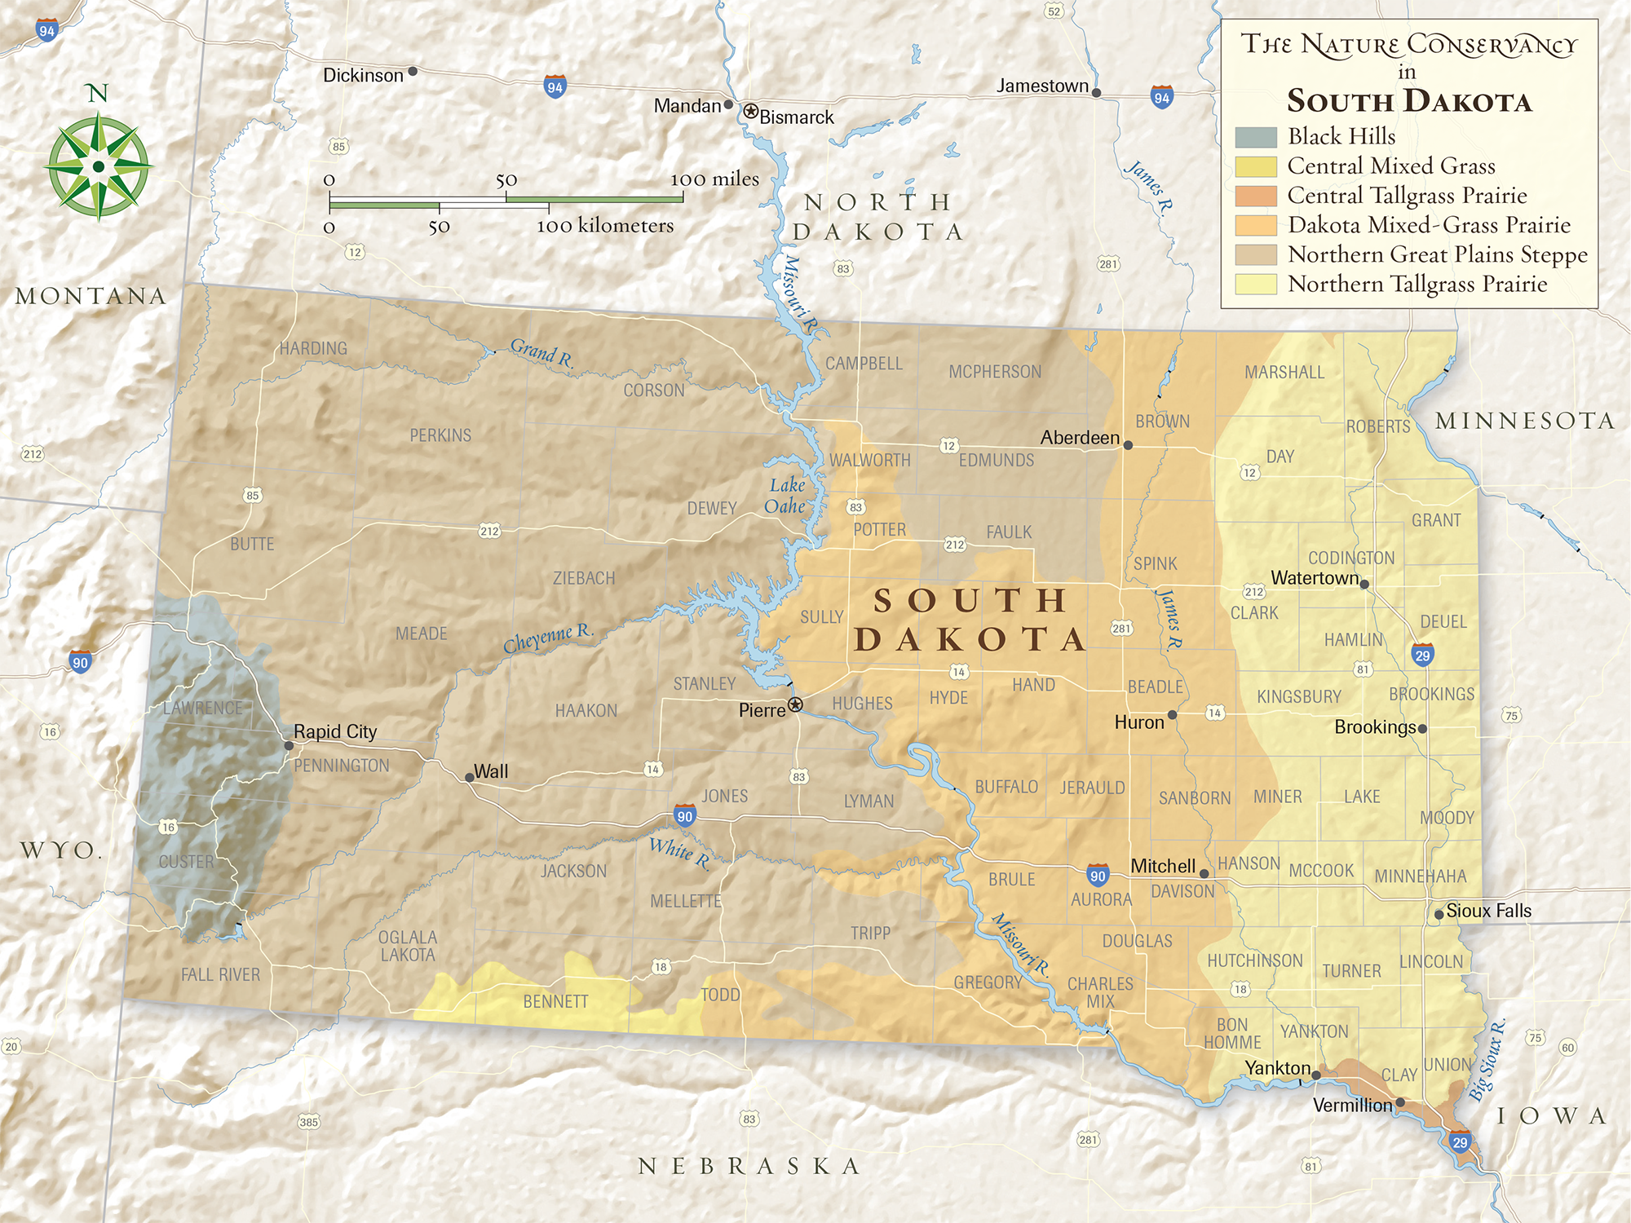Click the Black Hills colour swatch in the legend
click(1256, 137)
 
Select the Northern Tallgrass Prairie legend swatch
click(1256, 284)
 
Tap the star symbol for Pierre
click(795, 704)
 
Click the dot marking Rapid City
click(289, 745)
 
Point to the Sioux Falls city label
click(1489, 911)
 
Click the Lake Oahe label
click(786, 496)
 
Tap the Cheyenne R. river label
click(547, 638)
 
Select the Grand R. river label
click(541, 353)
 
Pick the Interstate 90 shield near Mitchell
click(1098, 876)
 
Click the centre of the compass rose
click(99, 167)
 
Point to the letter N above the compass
click(98, 93)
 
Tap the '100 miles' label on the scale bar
click(714, 179)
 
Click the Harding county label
click(313, 348)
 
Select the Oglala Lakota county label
click(408, 946)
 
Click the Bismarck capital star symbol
click(750, 111)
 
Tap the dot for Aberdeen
click(1128, 445)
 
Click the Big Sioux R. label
click(1487, 1060)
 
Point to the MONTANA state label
click(91, 296)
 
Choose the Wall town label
click(491, 771)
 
